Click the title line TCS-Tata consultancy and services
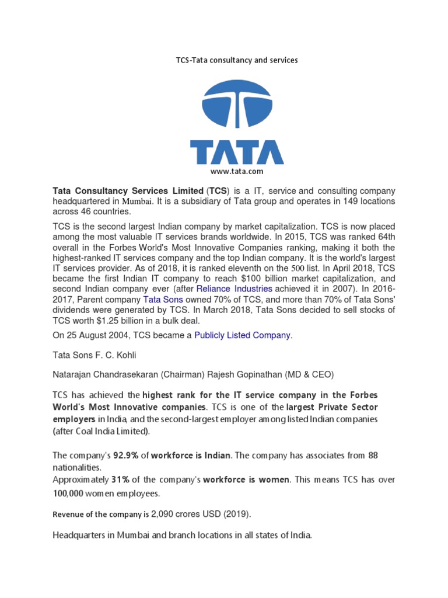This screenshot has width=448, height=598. (x=236, y=60)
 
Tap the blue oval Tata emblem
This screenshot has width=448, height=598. (x=236, y=104)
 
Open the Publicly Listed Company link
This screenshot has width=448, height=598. (x=242, y=335)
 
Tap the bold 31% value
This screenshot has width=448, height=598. (x=121, y=480)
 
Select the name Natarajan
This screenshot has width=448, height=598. (x=73, y=374)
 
